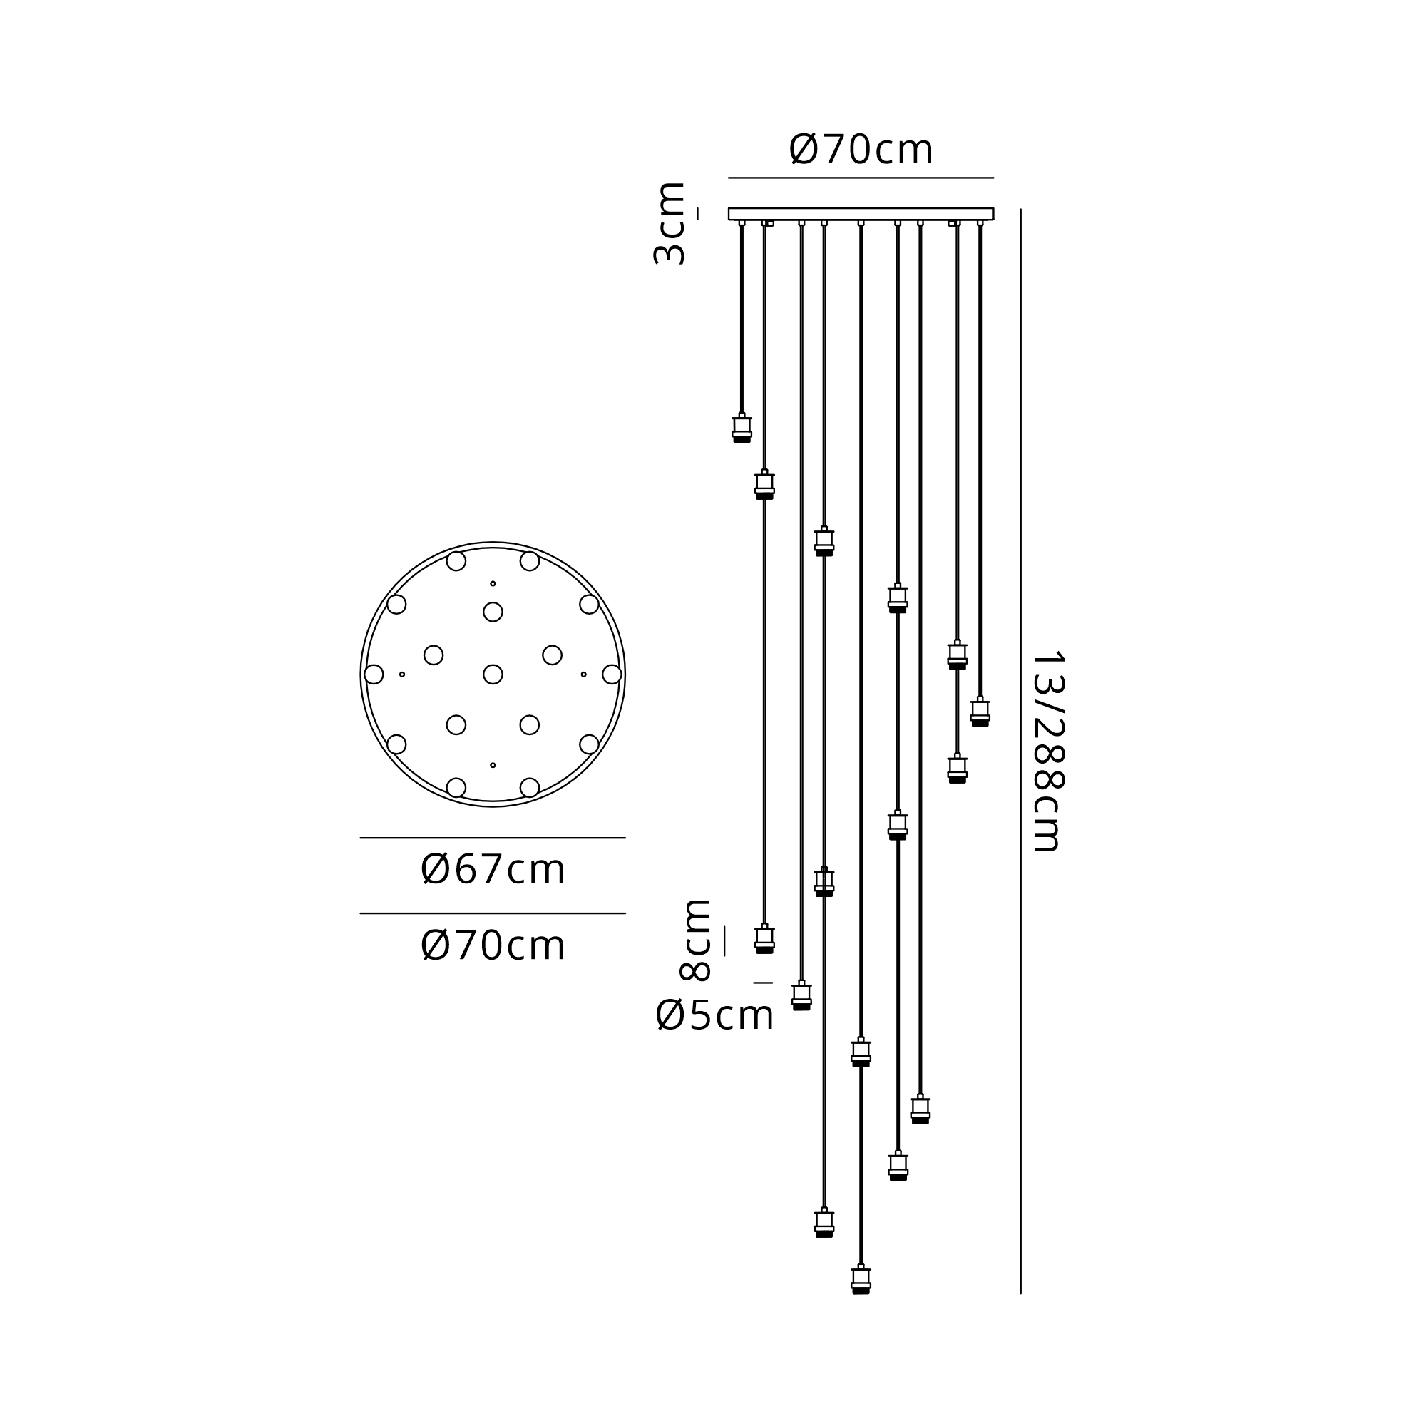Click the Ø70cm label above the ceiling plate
861,150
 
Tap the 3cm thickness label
670,223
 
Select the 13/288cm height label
1047,752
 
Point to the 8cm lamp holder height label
694,940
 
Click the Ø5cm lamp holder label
714,1015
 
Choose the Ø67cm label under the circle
493,869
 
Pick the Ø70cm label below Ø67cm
493,945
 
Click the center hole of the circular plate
493,674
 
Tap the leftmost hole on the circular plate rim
374,674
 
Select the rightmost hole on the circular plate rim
612,674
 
